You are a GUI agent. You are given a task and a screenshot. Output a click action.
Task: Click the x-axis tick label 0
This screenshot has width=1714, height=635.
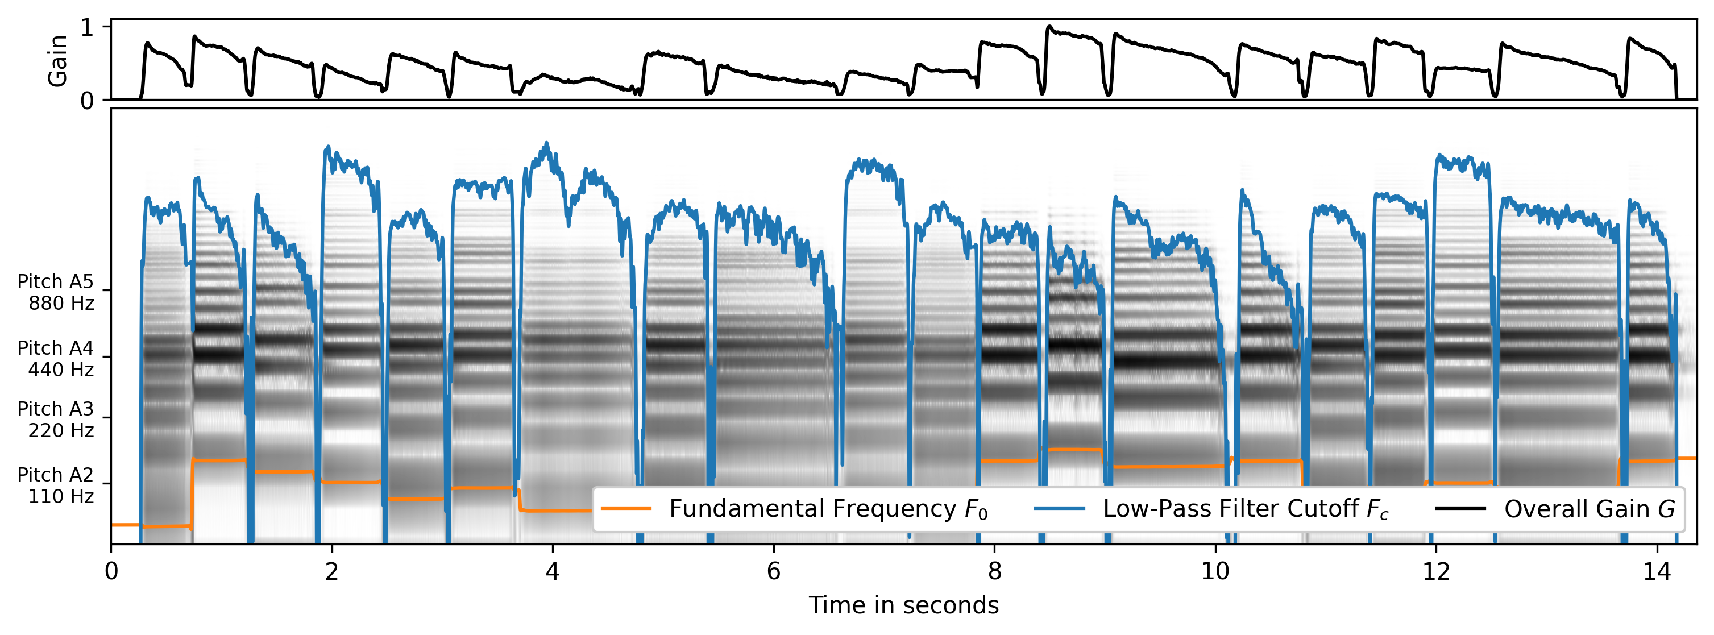110,572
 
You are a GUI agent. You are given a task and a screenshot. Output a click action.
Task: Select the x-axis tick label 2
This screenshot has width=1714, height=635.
331,572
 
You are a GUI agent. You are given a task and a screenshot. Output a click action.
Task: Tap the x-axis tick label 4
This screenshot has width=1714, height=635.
552,572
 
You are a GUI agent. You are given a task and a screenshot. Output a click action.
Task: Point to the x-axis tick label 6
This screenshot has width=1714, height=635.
773,572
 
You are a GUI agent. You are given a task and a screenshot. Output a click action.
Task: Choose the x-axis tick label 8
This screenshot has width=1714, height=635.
994,572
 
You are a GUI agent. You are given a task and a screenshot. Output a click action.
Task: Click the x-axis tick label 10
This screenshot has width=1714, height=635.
1215,572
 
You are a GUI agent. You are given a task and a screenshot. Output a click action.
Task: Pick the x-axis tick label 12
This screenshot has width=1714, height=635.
1436,572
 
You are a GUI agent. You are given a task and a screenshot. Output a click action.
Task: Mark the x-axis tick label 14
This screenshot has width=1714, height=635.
1657,572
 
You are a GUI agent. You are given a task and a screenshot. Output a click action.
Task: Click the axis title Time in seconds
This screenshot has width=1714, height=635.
903,605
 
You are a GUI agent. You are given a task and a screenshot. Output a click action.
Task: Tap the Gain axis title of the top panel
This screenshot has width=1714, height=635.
58,61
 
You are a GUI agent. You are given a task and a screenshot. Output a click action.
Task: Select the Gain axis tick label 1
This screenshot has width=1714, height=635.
86,28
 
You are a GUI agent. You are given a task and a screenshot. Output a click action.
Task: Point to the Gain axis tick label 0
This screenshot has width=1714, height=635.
86,101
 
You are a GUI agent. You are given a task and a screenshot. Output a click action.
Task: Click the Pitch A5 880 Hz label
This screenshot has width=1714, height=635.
56,292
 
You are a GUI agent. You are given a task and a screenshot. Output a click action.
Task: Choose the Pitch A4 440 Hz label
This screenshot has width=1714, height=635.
56,358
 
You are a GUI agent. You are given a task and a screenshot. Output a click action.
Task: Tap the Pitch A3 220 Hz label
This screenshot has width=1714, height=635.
56,420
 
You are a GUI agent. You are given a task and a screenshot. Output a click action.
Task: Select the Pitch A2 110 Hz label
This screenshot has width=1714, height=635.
56,485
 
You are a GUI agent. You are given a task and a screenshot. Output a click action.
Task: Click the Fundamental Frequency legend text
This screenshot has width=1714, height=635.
828,509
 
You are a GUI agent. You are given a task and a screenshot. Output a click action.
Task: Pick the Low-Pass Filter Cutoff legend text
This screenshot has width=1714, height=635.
1246,509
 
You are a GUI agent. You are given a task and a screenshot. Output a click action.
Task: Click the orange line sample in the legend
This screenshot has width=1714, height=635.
625,509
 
